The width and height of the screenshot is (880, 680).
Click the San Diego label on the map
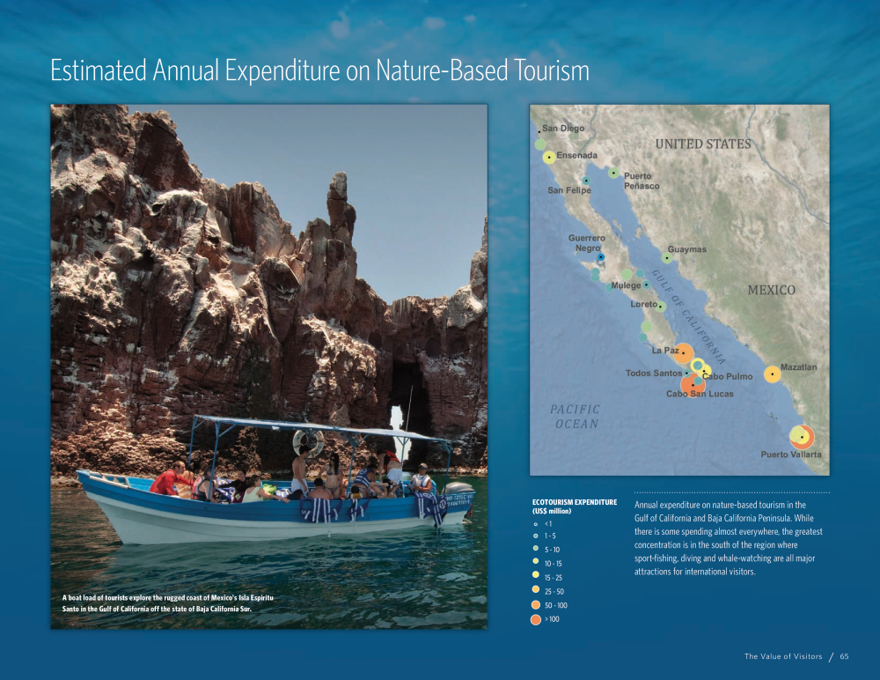563,128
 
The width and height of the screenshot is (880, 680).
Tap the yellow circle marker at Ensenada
549,158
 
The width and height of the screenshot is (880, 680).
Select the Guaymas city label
687,249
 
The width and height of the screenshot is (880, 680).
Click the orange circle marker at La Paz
683,353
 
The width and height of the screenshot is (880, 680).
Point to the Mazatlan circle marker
773,374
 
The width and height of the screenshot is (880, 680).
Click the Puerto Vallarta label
791,455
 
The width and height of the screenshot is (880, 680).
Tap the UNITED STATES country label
703,144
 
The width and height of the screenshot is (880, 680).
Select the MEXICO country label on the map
771,290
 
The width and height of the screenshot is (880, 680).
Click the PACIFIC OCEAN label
576,417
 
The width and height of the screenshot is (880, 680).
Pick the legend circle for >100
535,619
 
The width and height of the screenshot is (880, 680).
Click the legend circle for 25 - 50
535,589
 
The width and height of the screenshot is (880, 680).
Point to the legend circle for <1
536,524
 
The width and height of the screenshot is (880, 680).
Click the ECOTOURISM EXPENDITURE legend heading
574,506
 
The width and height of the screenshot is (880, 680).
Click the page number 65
844,656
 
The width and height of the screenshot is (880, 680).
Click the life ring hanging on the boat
308,443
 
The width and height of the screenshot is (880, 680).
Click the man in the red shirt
172,479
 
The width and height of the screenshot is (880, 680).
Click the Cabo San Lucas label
700,394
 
